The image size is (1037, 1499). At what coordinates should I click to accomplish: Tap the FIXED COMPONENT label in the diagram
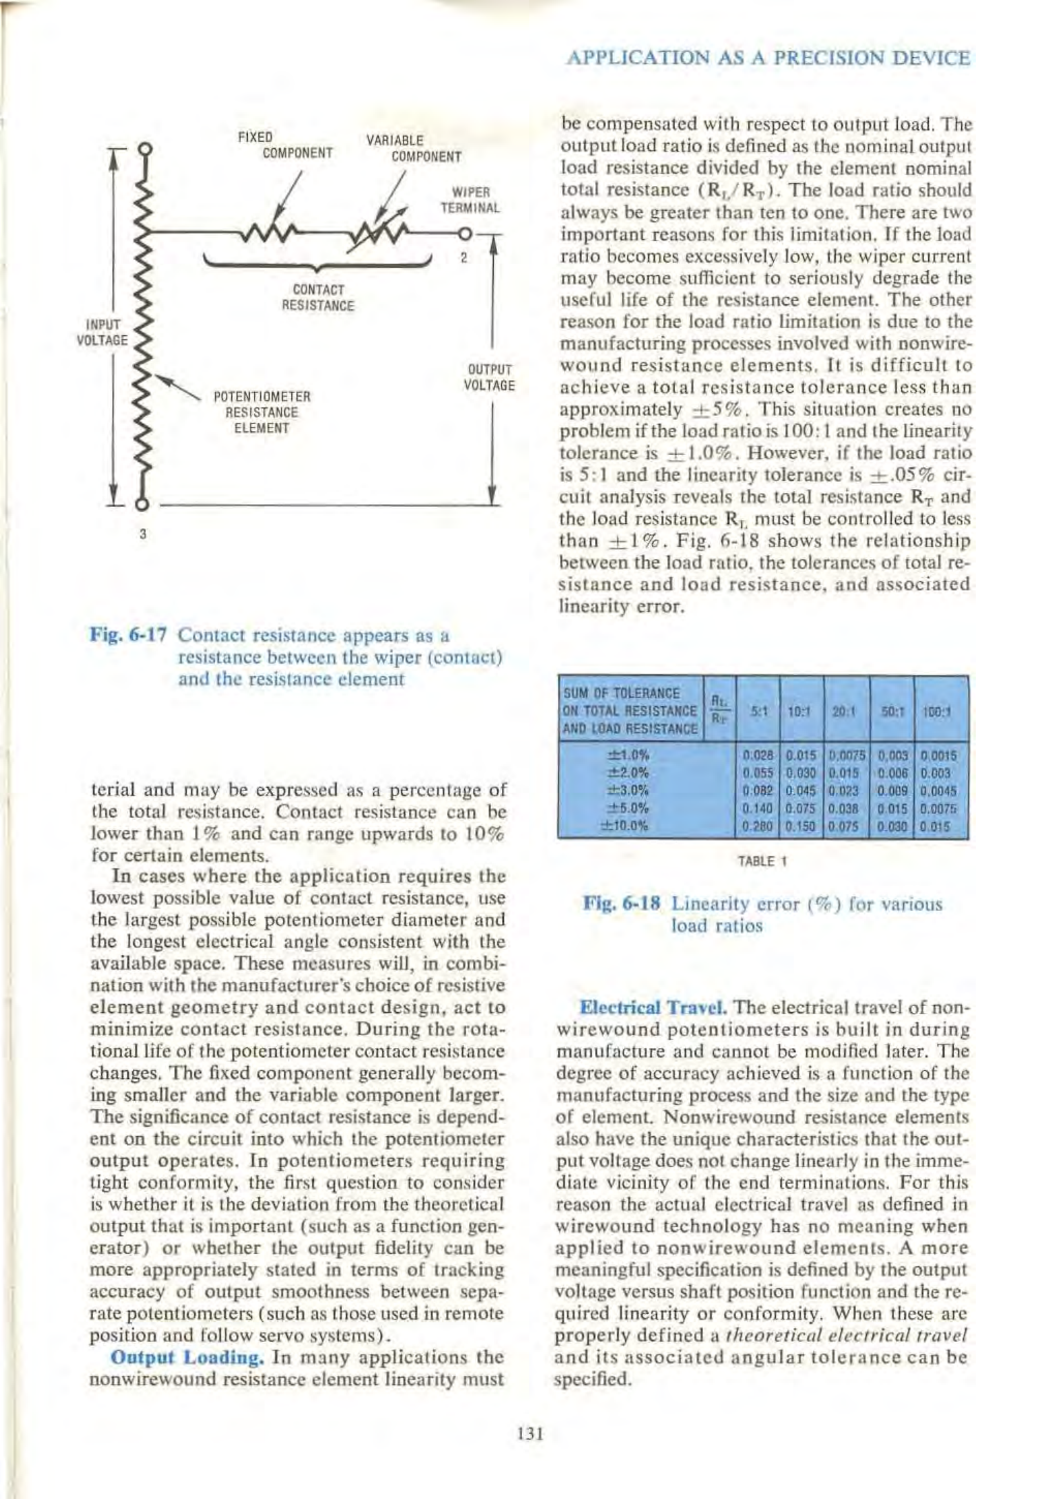click(285, 145)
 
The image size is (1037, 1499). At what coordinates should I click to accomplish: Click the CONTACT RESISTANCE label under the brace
click(318, 297)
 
